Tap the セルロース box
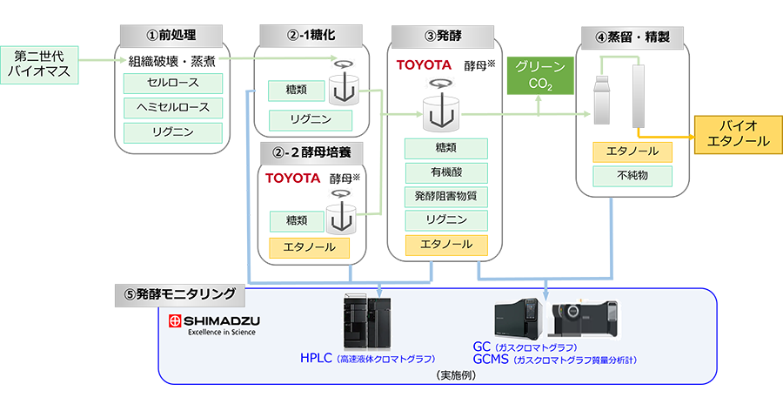tap(173, 84)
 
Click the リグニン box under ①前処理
tap(173, 132)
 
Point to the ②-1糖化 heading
tap(310, 37)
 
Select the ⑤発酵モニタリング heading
tap(179, 294)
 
